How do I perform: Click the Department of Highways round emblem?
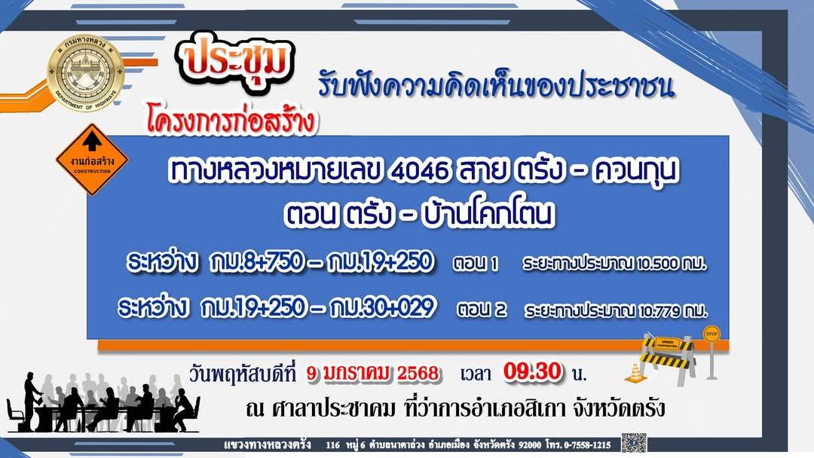pos(86,72)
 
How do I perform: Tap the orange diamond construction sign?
pos(93,159)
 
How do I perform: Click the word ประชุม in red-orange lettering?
pos(237,61)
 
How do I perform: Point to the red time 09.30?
pos(533,371)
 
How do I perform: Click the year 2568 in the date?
pos(418,373)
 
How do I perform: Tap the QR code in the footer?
pos(634,442)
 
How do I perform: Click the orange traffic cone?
pos(636,374)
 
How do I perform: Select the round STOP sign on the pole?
pos(711,334)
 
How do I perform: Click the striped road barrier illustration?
pos(667,359)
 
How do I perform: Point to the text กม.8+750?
pos(256,261)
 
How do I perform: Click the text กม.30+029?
pos(382,307)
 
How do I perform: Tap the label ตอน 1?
pos(475,264)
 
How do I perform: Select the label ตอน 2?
pos(482,310)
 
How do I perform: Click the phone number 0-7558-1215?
pos(587,444)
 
